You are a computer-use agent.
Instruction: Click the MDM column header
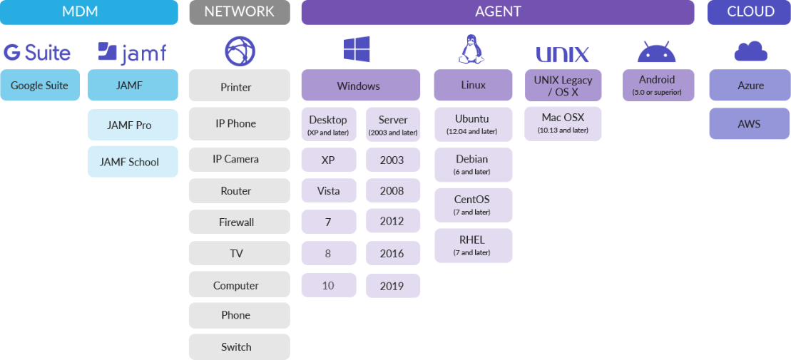click(x=80, y=11)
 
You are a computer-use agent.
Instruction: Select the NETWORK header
click(x=239, y=11)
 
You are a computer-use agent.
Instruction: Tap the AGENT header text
click(x=498, y=11)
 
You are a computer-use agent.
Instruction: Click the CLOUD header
click(x=750, y=11)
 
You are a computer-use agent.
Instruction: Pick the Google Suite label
click(x=39, y=86)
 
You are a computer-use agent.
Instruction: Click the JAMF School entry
click(x=129, y=162)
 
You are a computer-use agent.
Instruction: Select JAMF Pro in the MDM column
click(x=129, y=125)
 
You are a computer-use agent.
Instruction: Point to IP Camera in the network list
click(x=235, y=159)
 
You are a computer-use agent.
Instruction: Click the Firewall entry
click(x=236, y=222)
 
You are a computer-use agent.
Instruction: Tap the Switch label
click(x=236, y=347)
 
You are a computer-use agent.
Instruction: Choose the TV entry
click(x=236, y=254)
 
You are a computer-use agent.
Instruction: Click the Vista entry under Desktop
click(x=328, y=191)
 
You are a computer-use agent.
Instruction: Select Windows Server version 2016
click(x=392, y=254)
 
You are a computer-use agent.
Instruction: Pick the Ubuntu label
click(x=471, y=118)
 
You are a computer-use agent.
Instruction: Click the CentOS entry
click(x=471, y=200)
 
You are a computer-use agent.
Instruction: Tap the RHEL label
click(x=471, y=240)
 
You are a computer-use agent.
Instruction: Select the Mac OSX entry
click(x=562, y=118)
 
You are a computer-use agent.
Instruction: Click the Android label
click(x=656, y=80)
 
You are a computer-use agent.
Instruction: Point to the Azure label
click(x=750, y=86)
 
